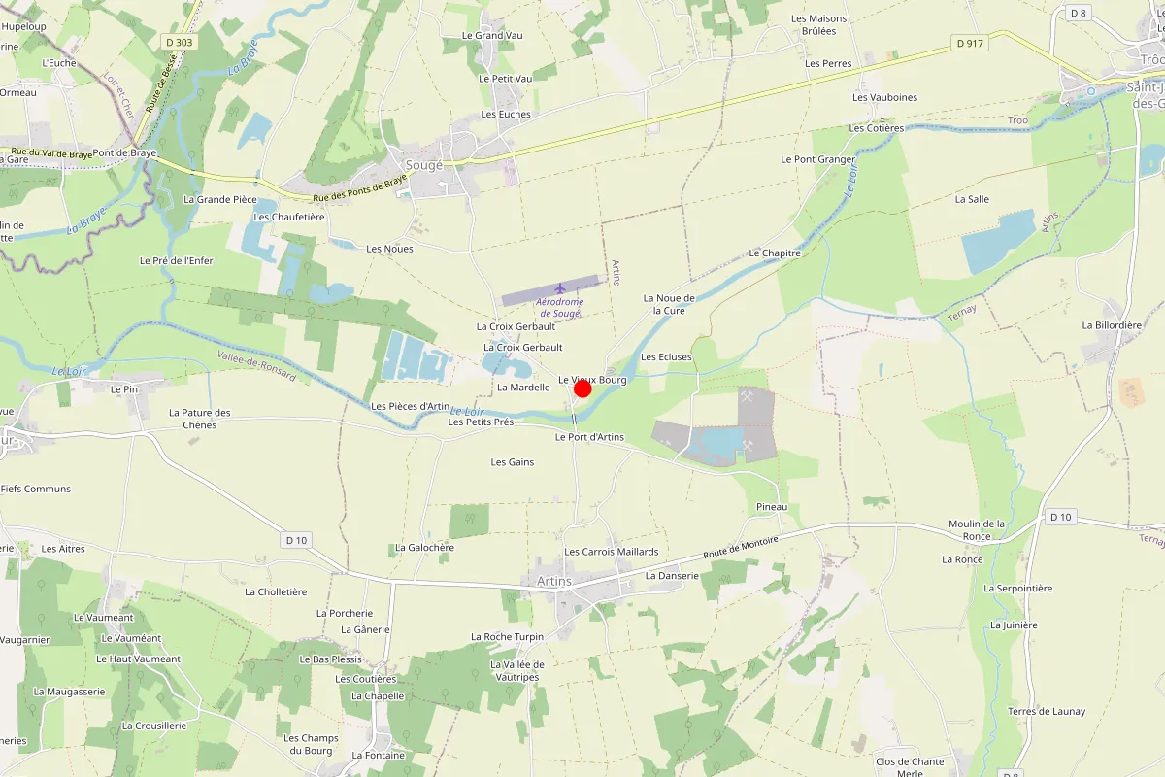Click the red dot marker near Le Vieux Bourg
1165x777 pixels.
point(582,388)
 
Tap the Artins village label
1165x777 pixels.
point(553,581)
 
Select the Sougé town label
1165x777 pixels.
point(423,165)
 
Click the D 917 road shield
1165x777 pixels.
point(970,43)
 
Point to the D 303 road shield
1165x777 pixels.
point(180,42)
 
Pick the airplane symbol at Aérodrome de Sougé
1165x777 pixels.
point(560,288)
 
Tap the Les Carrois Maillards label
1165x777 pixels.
point(612,552)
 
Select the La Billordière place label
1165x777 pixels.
point(1112,325)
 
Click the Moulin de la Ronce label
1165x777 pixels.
point(977,529)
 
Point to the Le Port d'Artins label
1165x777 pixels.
point(589,437)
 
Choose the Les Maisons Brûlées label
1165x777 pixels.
point(818,24)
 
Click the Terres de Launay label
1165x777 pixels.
point(1047,711)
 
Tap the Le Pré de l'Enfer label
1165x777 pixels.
point(176,260)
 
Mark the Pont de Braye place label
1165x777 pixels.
point(125,153)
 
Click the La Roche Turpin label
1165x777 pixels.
point(507,637)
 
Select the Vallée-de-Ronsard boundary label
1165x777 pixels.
point(256,363)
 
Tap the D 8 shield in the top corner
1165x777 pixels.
point(1078,13)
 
